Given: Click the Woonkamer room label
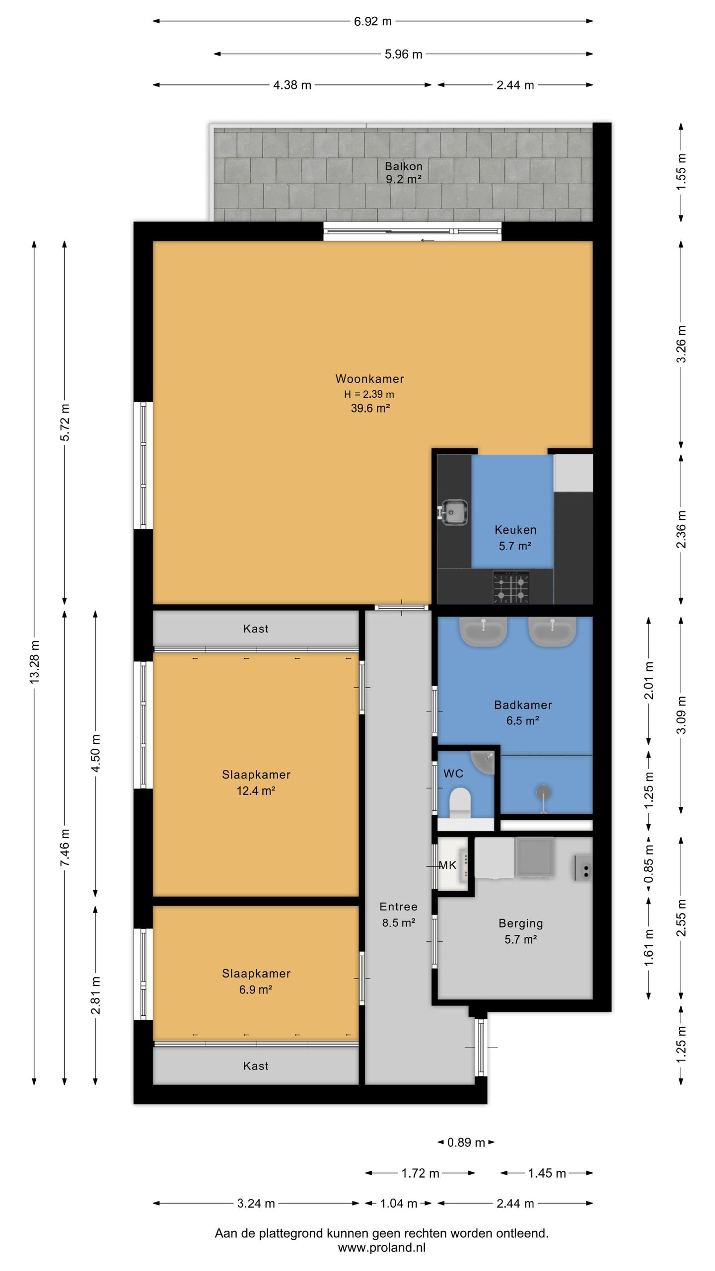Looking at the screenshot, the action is coord(369,379).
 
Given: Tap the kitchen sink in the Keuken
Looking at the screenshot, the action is coord(453,511).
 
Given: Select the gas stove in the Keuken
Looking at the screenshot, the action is coord(510,587).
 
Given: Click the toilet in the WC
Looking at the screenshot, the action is coord(459,802).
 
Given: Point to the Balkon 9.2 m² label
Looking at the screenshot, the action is coord(404,173).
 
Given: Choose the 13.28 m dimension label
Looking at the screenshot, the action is coord(34,662).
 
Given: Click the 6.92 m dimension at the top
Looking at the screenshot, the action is coord(372,21).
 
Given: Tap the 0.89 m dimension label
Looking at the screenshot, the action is coord(466,1142).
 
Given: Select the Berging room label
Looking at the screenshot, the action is coord(520,923).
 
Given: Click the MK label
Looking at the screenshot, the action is coord(447,865).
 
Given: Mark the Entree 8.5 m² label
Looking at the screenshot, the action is coord(398,915).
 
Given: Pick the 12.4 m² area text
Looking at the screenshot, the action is coord(256,791).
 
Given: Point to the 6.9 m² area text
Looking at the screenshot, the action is coord(255,989).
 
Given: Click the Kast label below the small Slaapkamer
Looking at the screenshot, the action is coord(256,1066).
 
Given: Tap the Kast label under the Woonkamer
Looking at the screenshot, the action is coord(256,629).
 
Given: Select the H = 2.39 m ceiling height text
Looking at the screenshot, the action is coord(369,394).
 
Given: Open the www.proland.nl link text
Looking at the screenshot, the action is coord(381,1248).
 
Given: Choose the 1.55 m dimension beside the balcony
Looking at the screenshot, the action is coord(681,172).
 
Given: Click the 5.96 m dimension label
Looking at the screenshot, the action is coord(403,54).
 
